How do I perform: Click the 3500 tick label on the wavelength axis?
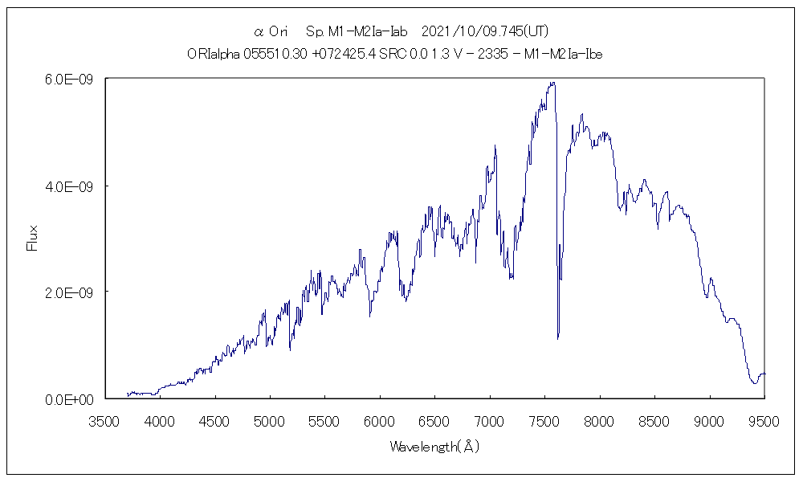[104, 419]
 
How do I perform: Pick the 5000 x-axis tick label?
[269, 419]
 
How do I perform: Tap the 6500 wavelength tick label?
[434, 419]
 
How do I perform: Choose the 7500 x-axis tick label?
[544, 419]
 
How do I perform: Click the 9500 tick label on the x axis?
[764, 419]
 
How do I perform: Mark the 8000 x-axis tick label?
[600, 419]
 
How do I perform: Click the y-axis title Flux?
[33, 239]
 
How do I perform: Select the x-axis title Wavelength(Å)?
[434, 446]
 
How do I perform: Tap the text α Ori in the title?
[271, 32]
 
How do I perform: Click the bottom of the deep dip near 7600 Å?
[558, 337]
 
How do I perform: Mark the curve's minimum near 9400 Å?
[754, 383]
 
